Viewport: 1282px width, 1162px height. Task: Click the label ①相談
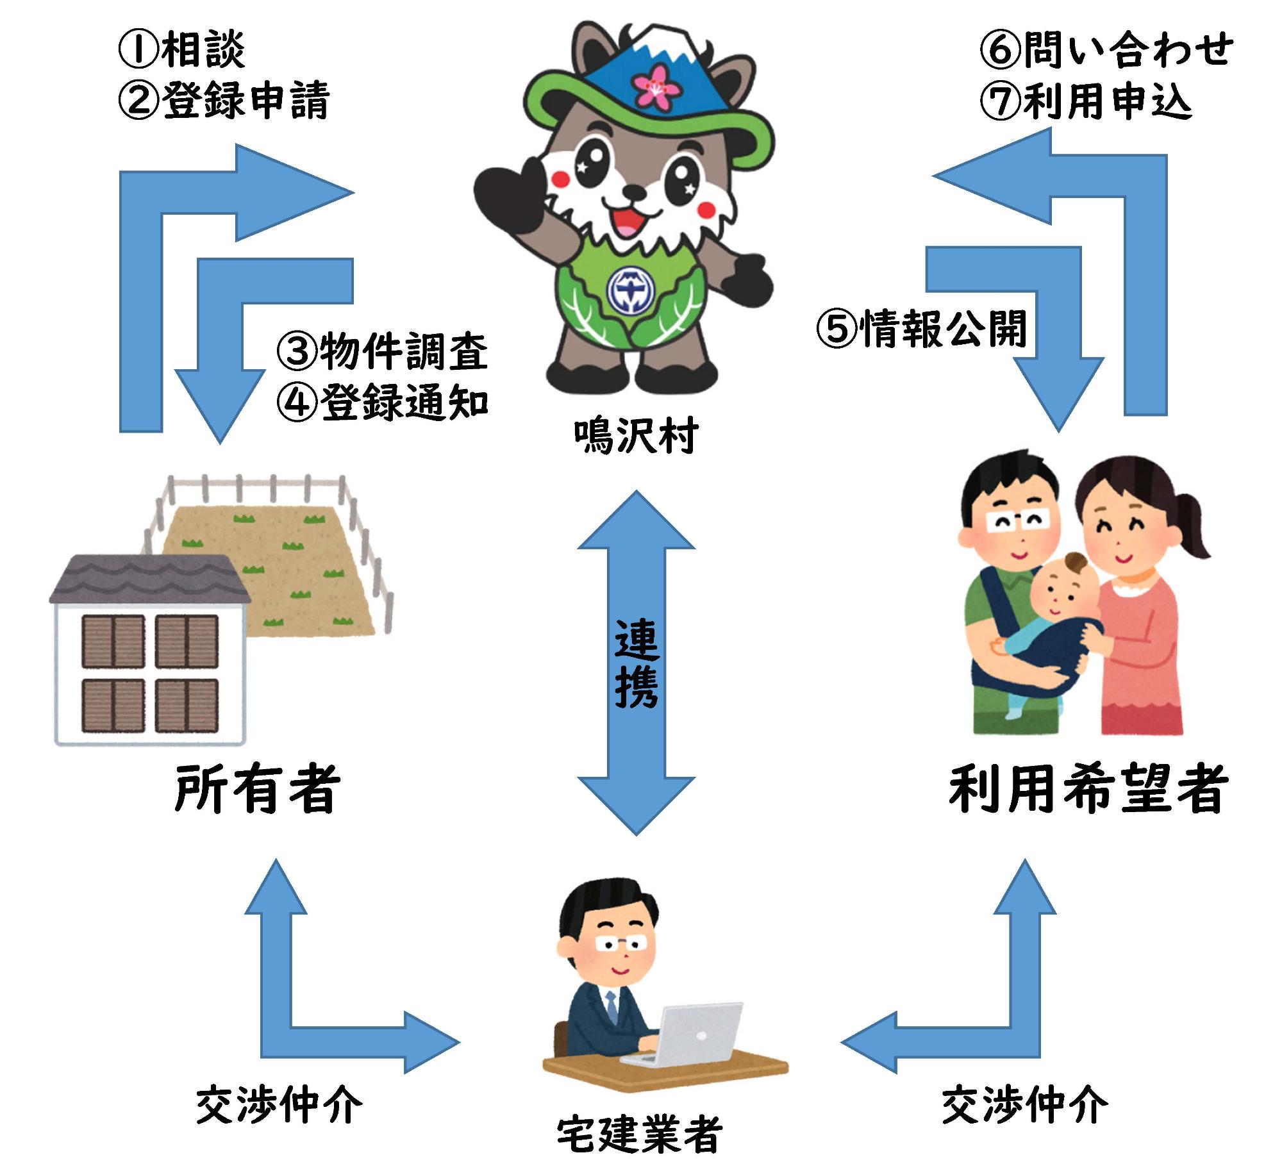[x=181, y=50]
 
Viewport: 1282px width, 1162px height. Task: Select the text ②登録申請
[x=224, y=101]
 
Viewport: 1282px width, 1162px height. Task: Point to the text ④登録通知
[x=383, y=403]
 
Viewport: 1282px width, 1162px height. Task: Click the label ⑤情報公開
[x=922, y=329]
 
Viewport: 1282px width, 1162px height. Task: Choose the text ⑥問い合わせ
[x=1105, y=50]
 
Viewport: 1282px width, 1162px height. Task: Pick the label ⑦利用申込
[x=1086, y=101]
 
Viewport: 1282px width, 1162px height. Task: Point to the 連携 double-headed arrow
[x=637, y=663]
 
